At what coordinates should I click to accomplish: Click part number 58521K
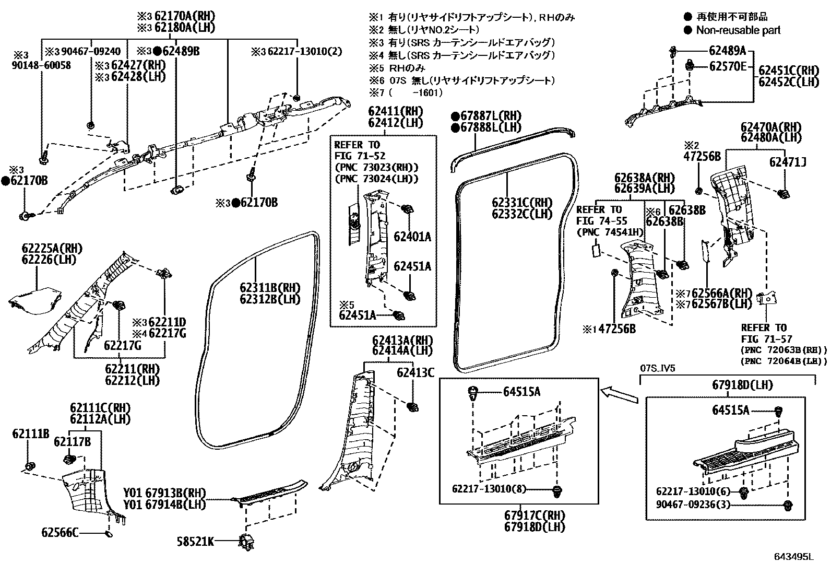(195, 542)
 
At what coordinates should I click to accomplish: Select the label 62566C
(60, 532)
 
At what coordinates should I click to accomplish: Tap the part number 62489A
(727, 51)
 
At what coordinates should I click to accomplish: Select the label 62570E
(728, 66)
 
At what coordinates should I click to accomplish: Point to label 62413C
(415, 372)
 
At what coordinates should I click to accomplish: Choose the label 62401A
(412, 237)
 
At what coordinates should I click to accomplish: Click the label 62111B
(31, 433)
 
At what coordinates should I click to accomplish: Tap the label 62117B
(72, 442)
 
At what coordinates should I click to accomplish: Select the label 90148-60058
(42, 66)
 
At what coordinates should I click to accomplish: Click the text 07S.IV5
(658, 368)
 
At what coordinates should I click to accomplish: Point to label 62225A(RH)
(52, 248)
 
